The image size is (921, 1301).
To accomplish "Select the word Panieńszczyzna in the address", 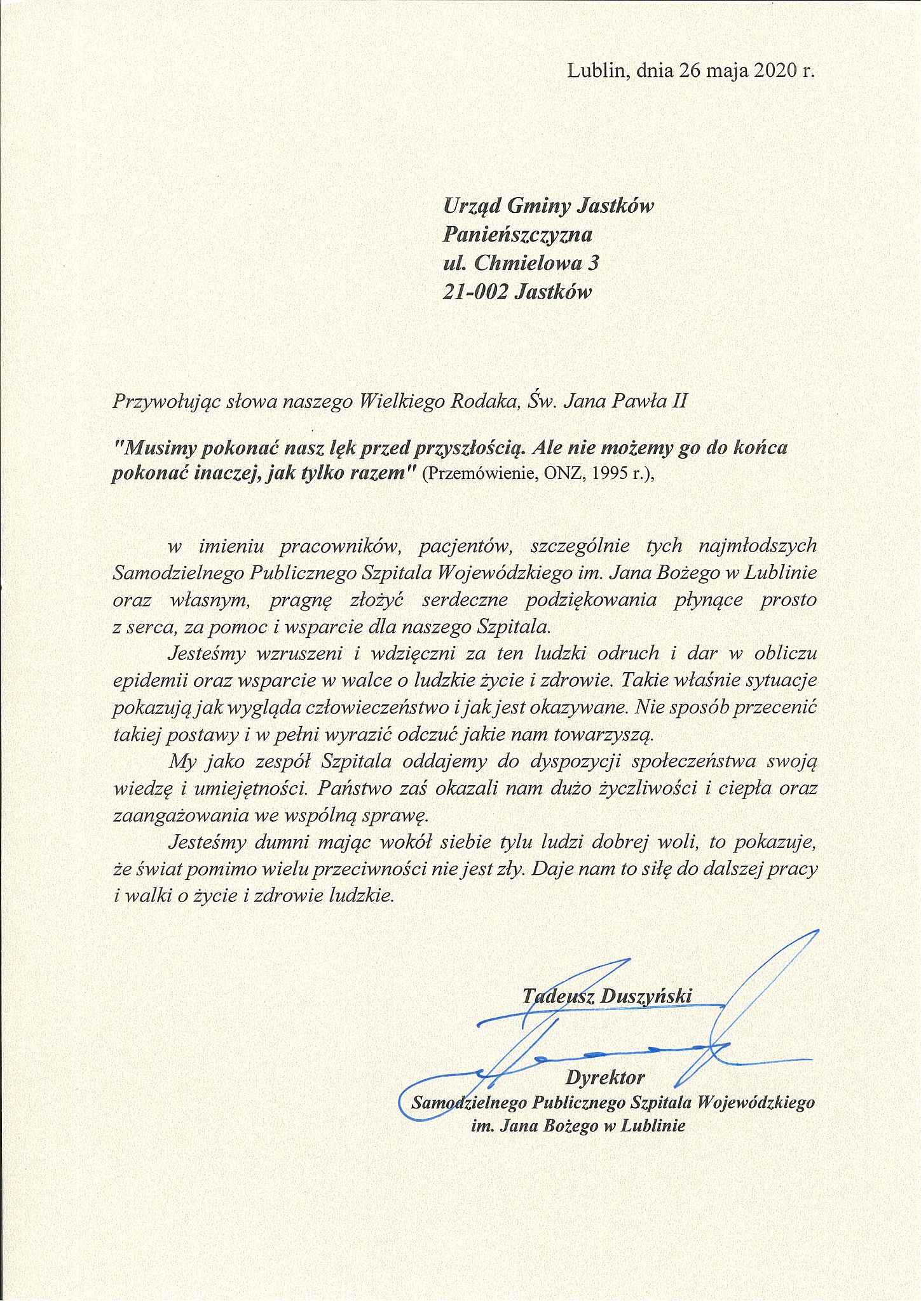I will (517, 235).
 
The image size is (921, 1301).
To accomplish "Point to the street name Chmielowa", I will (522, 263).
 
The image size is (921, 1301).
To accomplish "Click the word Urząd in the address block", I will (470, 206).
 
